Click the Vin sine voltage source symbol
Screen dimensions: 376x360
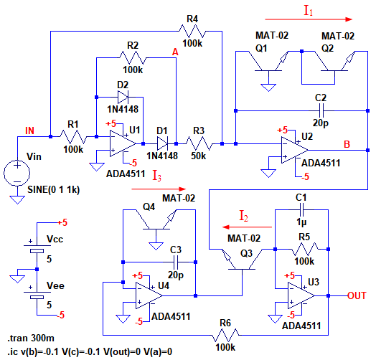[17, 173]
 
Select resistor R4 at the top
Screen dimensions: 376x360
[192, 31]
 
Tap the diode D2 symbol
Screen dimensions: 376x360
[123, 97]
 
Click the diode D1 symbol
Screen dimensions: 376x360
[163, 143]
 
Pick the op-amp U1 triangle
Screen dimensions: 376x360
[123, 143]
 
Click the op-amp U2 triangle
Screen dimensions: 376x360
[295, 151]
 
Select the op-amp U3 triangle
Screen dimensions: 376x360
[301, 295]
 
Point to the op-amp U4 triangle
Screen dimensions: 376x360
[149, 295]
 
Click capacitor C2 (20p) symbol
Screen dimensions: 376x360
[321, 110]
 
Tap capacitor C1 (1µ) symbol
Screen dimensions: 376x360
[301, 209]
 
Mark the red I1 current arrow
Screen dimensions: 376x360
[309, 19]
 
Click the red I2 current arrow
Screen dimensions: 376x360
[248, 227]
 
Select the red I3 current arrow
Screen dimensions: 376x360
[159, 189]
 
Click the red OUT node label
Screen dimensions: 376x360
[357, 295]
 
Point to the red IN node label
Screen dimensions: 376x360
[29, 131]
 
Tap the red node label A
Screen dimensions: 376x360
[175, 52]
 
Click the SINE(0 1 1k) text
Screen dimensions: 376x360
[54, 190]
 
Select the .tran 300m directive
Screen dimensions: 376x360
[31, 338]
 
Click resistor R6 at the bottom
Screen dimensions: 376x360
[225, 335]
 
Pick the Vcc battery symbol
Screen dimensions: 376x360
[37, 249]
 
